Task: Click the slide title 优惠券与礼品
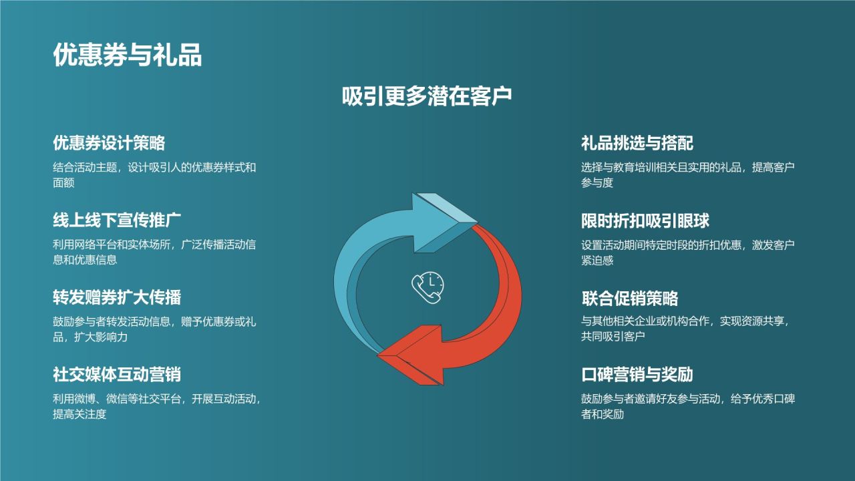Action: coord(127,56)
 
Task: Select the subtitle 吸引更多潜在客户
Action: coord(427,96)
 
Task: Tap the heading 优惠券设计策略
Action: coord(109,143)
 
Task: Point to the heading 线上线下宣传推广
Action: coord(118,220)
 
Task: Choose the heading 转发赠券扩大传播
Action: coord(118,297)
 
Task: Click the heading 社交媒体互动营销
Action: coord(118,374)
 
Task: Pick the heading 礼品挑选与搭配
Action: coord(637,143)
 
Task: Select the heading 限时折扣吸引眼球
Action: coord(645,220)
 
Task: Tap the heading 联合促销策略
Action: coord(629,298)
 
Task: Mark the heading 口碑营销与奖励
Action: coord(637,375)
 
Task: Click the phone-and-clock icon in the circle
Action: coord(427,288)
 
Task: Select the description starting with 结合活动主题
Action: coord(154,174)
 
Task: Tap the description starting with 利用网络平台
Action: coord(154,252)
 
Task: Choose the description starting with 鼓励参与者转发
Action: coord(154,329)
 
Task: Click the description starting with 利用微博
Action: coord(156,407)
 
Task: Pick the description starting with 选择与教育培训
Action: coord(687,175)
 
